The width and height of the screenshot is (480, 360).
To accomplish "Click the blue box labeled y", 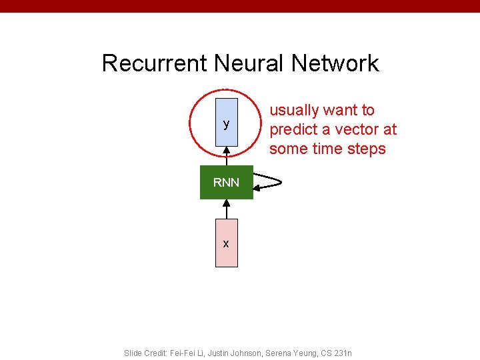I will pos(227,123).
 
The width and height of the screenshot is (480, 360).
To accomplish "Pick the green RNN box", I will pos(227,182).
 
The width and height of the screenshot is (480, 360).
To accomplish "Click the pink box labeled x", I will pos(227,243).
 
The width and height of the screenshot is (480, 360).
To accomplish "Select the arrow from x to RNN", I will pos(227,209).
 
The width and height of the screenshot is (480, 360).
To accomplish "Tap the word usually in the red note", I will pos(293,111).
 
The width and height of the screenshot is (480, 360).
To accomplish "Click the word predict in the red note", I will pos(294,129).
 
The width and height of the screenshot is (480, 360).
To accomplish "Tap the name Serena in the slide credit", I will pos(281,353).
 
